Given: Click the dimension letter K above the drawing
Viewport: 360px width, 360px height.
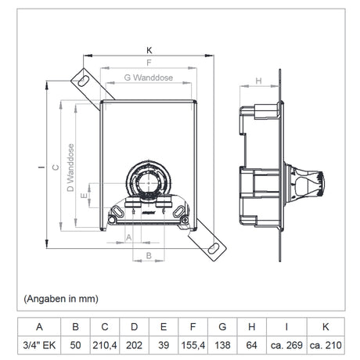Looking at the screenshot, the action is [149, 50].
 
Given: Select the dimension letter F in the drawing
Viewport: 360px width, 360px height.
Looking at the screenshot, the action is [149, 63].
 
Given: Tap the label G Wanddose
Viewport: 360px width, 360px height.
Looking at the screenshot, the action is [149, 77].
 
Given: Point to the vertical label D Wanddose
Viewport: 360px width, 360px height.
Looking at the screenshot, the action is [70, 167].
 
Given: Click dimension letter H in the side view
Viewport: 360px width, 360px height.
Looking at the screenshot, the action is [258, 81].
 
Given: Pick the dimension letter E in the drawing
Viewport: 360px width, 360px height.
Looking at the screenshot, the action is [84, 195].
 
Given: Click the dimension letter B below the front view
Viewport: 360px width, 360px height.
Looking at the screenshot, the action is [149, 255].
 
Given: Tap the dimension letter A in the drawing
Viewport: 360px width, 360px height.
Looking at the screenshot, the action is [128, 238].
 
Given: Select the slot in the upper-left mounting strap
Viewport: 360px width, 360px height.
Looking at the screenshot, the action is [83, 81].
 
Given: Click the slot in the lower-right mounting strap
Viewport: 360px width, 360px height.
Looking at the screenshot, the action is [214, 248].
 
